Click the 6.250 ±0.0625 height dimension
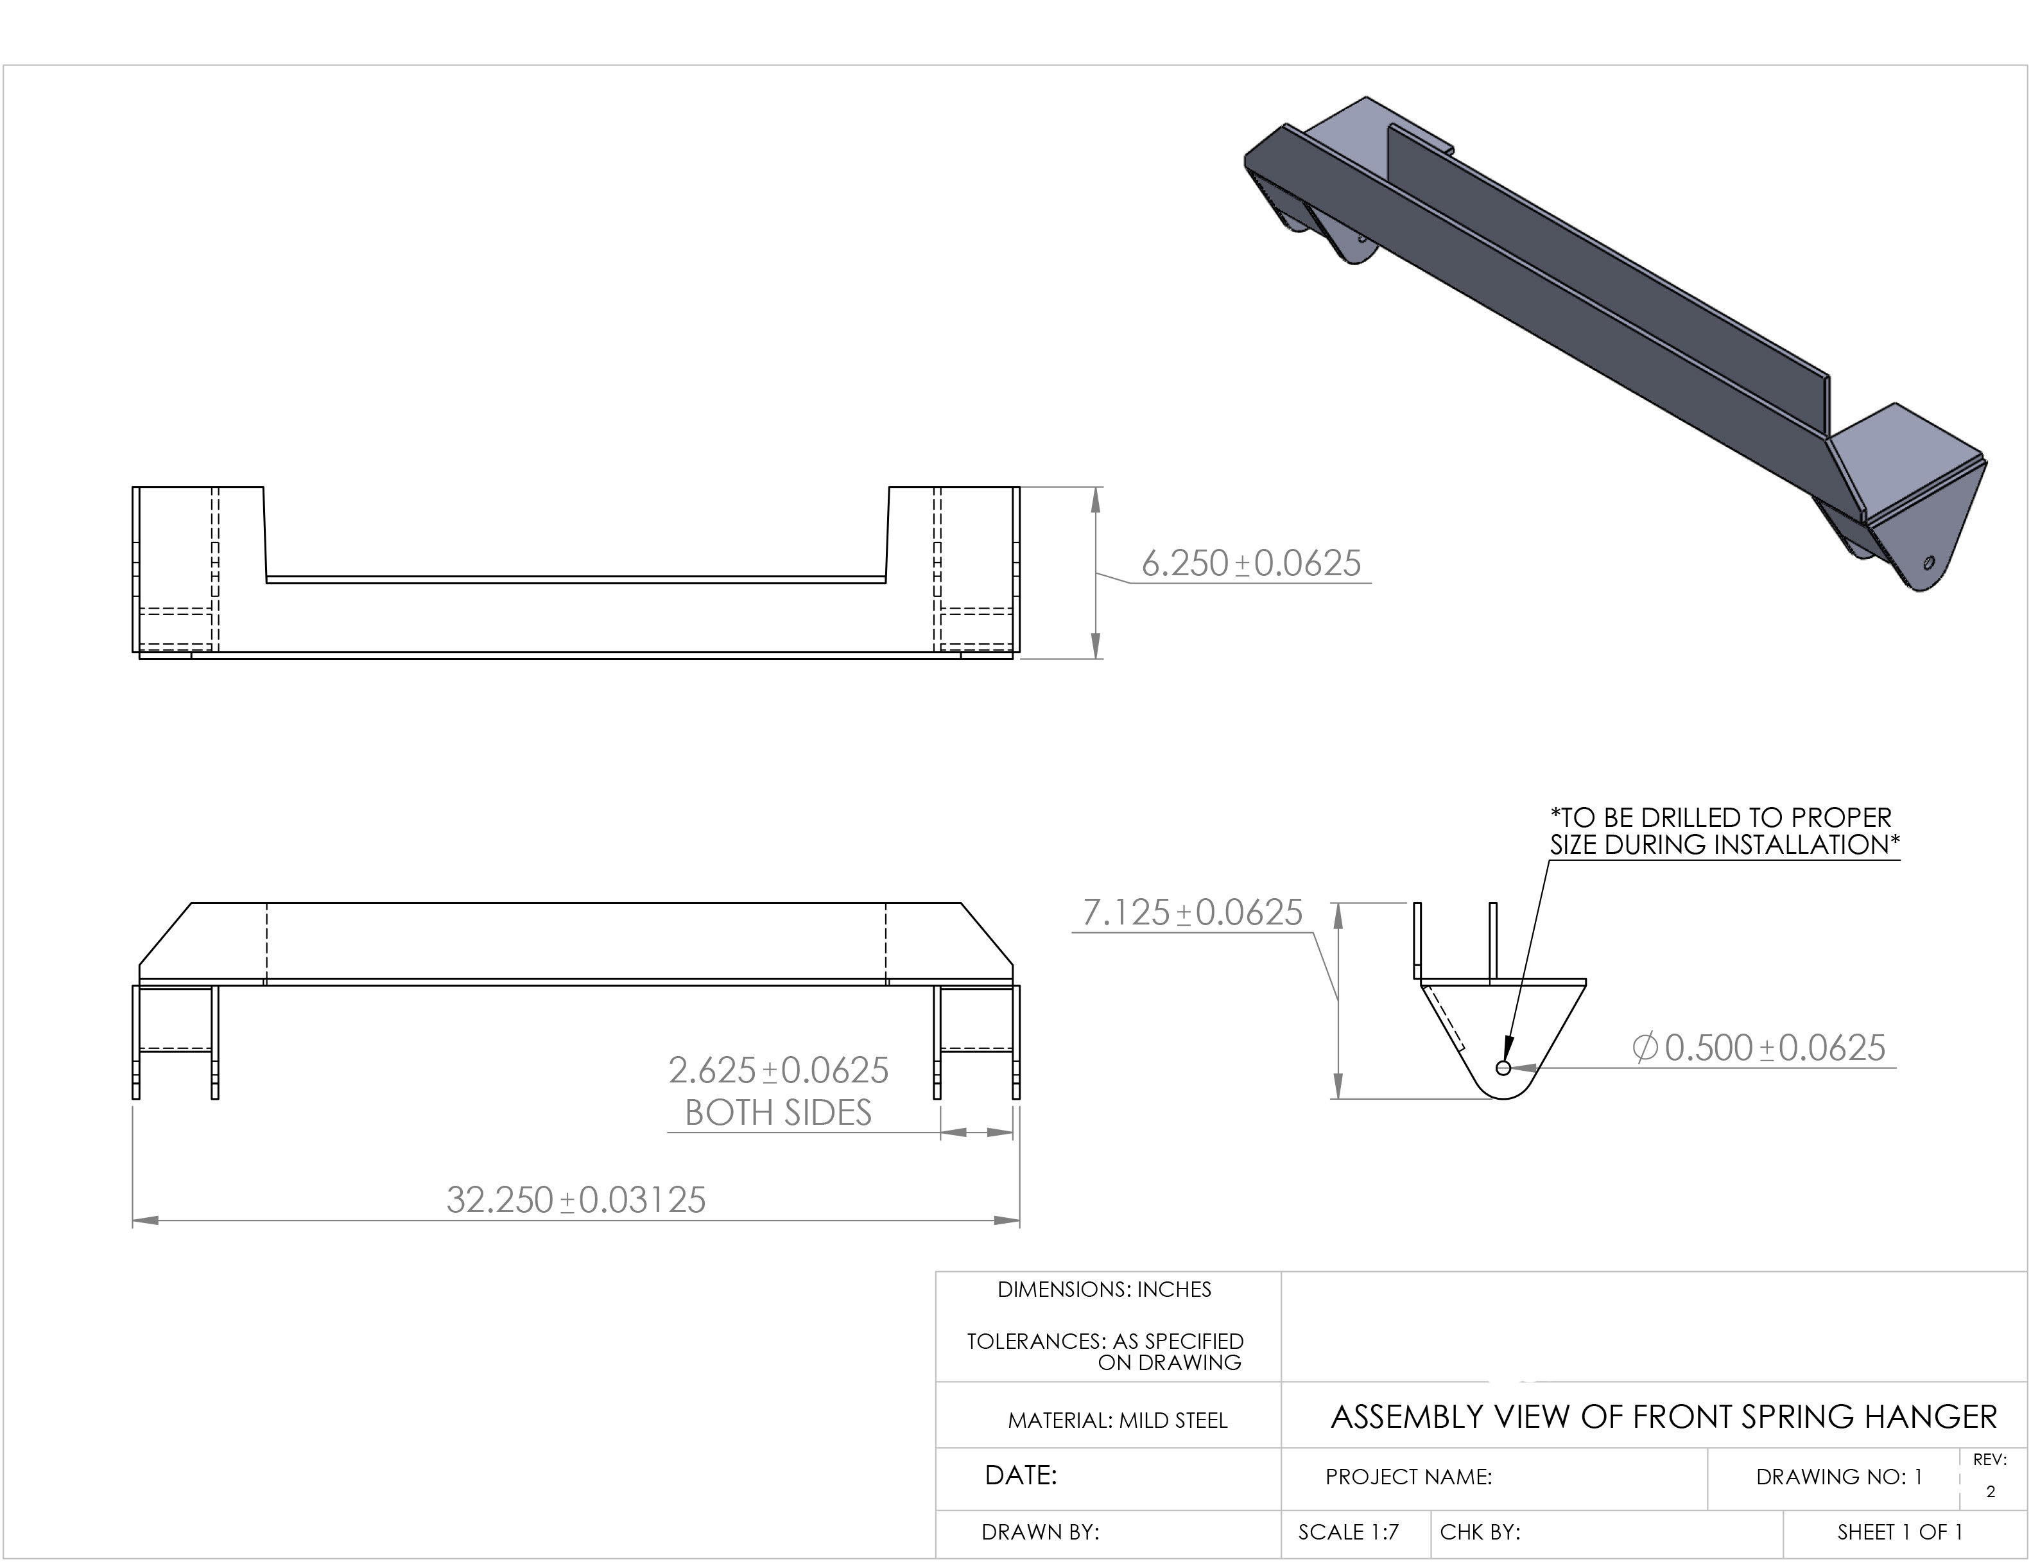pyautogui.click(x=1251, y=564)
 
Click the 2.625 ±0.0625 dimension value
pyautogui.click(x=779, y=1071)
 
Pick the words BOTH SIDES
pyautogui.click(x=779, y=1113)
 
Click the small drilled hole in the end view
pyautogui.click(x=1503, y=1068)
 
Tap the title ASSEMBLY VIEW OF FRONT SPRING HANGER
pyautogui.click(x=1664, y=1417)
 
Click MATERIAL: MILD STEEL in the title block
pyautogui.click(x=1118, y=1421)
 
